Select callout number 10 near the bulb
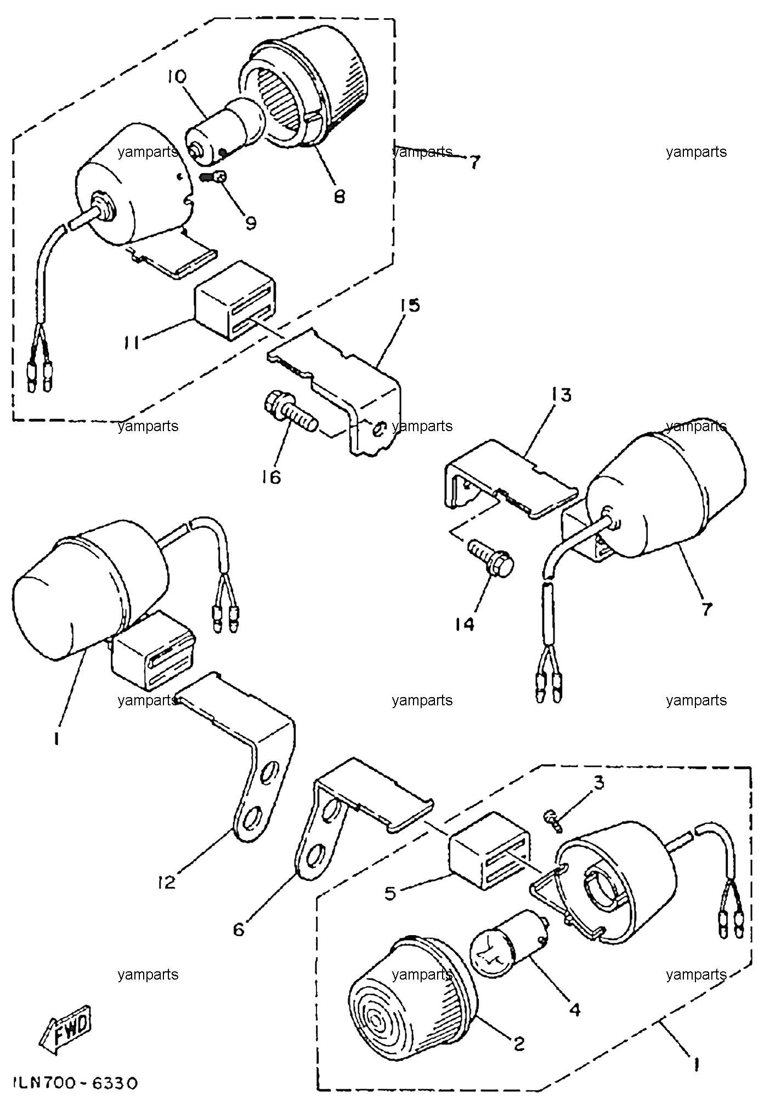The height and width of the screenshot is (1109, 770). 177,77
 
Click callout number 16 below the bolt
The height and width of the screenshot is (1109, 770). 271,477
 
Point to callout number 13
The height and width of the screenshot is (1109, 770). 559,394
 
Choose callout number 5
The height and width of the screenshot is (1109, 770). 390,893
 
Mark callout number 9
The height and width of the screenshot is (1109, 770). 251,223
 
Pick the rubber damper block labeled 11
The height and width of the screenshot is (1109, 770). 235,301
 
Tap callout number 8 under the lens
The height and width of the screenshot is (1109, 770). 339,196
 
